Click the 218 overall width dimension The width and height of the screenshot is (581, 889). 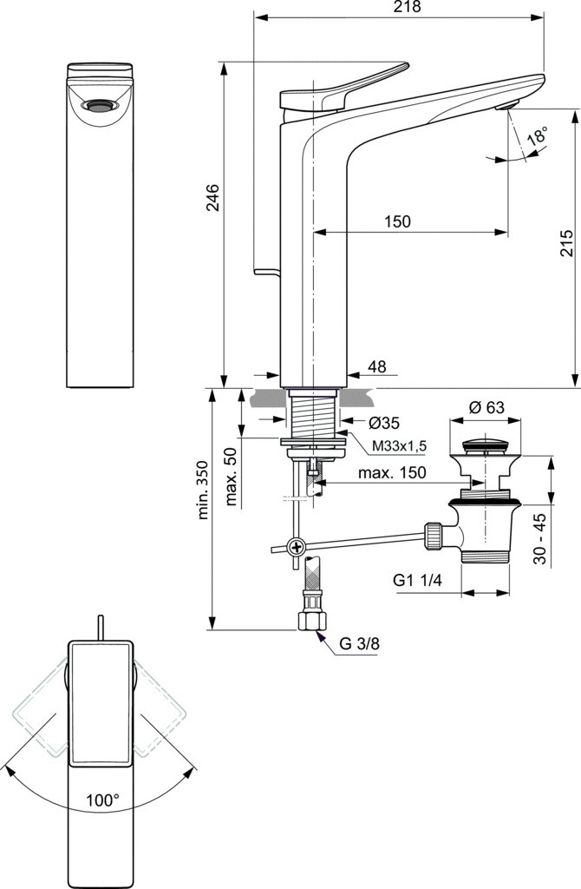408,7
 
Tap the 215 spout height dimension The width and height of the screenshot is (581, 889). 567,243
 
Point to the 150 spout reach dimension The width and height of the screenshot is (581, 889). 397,221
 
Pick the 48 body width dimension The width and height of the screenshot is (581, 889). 376,366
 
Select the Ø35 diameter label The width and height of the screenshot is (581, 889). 383,423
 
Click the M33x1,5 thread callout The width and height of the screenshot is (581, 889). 399,447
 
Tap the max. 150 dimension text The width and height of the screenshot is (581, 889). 391,472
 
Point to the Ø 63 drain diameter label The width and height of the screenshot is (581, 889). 486,407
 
